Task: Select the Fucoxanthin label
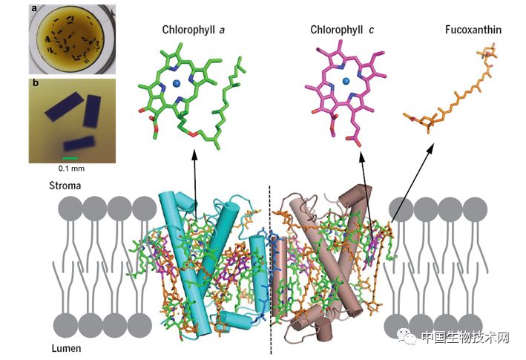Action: click(x=472, y=30)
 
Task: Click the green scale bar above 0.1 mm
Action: click(x=70, y=157)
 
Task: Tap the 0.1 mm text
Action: click(x=70, y=168)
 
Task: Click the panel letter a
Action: click(x=35, y=10)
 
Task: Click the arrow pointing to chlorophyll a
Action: click(x=195, y=186)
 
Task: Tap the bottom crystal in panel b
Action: click(x=79, y=144)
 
